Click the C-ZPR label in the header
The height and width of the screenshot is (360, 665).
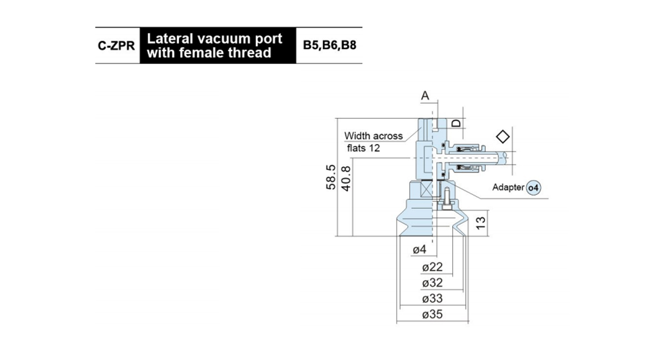[116, 46]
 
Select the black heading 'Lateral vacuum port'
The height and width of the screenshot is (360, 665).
[214, 39]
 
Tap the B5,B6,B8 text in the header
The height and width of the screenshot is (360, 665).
[330, 45]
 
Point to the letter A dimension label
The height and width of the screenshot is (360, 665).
[425, 96]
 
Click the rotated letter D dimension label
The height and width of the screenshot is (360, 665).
[456, 123]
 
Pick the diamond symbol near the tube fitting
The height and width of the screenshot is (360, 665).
[503, 137]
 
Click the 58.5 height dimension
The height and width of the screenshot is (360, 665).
[331, 177]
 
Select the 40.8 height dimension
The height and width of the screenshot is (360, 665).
[346, 178]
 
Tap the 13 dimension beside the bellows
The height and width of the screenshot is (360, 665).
[480, 223]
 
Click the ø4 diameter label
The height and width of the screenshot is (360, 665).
[420, 249]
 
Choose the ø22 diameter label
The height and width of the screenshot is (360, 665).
[432, 267]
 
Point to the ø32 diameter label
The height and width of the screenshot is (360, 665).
[432, 282]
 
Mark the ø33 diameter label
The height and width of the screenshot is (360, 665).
[432, 299]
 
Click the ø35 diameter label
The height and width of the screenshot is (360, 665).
[432, 314]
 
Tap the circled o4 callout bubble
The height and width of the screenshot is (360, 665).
[534, 188]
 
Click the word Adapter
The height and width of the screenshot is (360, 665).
[508, 187]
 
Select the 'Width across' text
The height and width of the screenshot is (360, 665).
[374, 136]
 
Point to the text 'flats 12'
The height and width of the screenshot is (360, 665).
[364, 148]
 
